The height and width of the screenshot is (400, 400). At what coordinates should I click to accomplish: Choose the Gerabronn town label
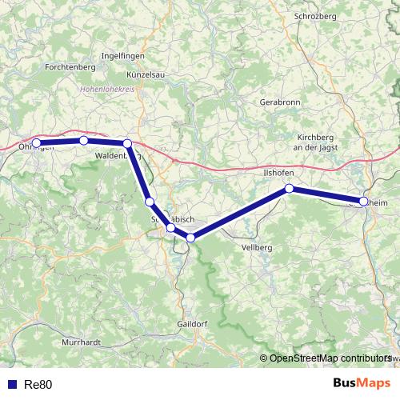pos(279,103)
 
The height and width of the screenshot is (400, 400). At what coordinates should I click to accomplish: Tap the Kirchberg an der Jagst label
pos(315,142)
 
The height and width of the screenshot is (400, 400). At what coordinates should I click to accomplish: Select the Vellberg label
pos(257,248)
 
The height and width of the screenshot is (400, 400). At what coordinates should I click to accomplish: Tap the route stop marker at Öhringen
pos(36,144)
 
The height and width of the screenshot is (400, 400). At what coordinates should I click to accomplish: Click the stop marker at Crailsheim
pos(364,202)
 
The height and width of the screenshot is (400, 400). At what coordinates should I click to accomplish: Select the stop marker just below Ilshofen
pos(290,189)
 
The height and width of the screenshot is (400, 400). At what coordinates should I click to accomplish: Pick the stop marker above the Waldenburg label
pos(127,143)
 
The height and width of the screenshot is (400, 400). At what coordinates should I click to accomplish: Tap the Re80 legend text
pos(38,385)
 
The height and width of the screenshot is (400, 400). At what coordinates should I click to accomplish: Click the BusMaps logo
pos(361,383)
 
